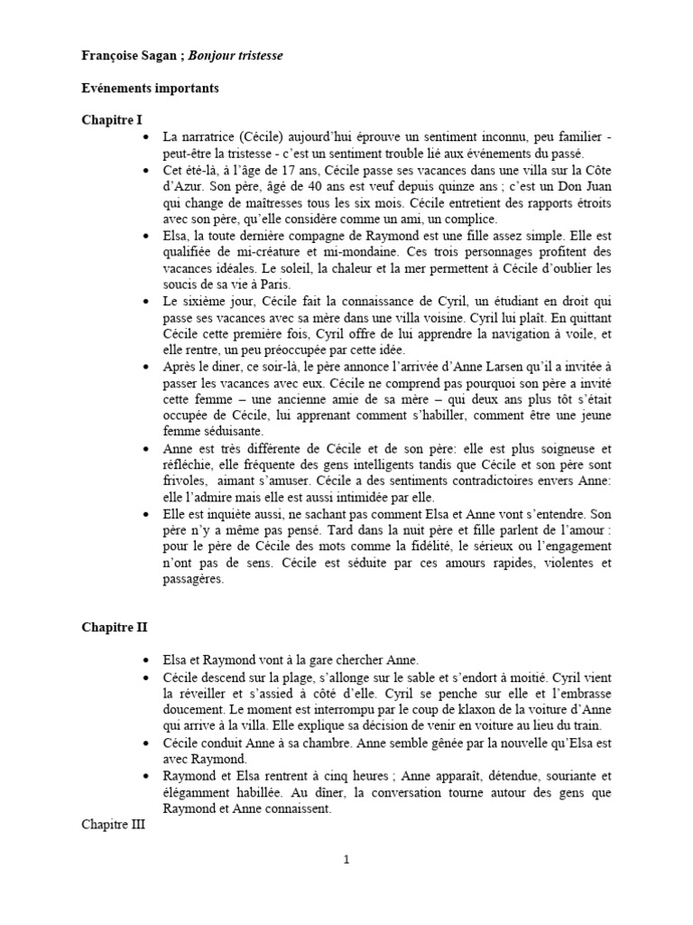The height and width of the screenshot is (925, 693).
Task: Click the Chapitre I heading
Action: coord(112,120)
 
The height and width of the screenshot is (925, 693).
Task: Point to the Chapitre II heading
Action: coord(115,627)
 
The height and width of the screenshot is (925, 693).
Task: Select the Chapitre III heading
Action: coord(115,825)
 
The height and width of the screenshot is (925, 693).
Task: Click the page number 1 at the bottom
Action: coord(346,859)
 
